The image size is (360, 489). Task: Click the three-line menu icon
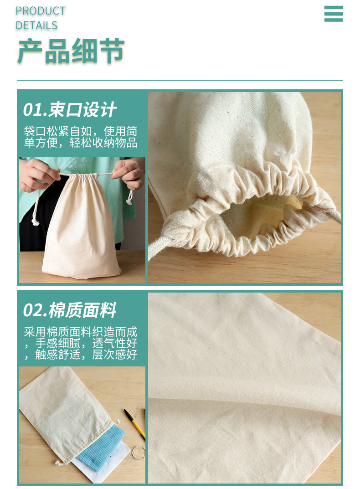click(x=334, y=14)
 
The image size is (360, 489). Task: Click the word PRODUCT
click(x=41, y=11)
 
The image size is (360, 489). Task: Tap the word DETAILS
click(x=36, y=26)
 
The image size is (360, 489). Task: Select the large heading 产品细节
click(x=71, y=51)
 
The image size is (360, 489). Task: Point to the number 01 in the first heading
click(x=32, y=110)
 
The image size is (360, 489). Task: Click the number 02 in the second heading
click(x=33, y=310)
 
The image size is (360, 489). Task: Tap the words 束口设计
click(x=83, y=110)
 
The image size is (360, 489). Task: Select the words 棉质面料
click(x=83, y=310)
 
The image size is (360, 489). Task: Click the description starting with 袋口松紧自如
click(x=81, y=137)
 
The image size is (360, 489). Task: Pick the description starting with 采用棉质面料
click(x=81, y=343)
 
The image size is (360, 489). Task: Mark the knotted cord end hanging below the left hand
click(x=35, y=221)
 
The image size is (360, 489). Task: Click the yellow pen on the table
click(x=134, y=424)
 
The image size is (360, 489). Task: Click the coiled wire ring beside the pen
click(x=138, y=453)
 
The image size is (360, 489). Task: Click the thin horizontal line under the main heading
click(x=180, y=81)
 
